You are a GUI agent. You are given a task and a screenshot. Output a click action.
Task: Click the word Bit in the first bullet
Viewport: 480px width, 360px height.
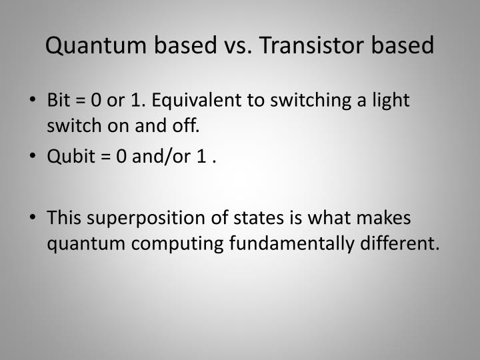[x=59, y=101]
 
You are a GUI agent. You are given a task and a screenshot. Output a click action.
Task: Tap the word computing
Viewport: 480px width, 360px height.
[x=181, y=243]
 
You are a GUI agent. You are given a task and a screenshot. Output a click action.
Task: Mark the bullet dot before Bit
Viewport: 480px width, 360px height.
[x=33, y=102]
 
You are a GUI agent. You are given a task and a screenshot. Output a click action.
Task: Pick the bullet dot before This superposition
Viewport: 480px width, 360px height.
[x=33, y=219]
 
